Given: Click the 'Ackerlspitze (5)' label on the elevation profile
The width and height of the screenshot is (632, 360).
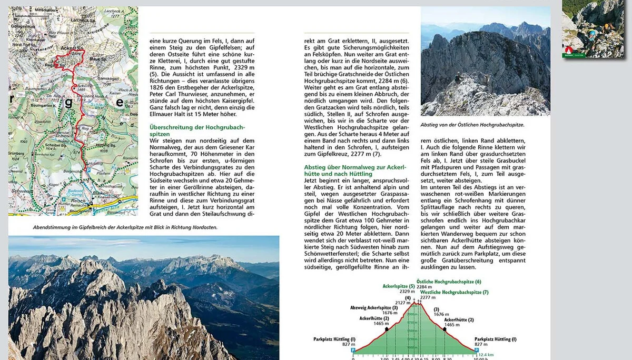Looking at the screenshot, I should (398, 286).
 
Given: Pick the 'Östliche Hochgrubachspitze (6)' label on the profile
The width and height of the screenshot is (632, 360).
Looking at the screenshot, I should (448, 282).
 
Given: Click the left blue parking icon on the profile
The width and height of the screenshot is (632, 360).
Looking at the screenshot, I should (353, 349).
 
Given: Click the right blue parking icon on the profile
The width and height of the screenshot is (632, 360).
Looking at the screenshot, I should (476, 349).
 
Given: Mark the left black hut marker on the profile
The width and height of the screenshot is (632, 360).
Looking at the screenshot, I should (387, 329).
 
